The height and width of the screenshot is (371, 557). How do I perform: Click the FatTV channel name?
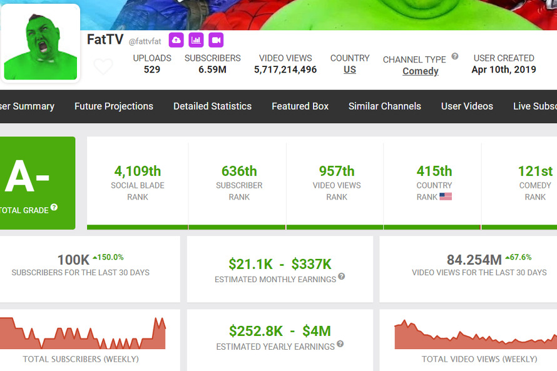[105, 39]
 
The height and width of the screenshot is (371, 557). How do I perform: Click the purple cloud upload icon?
[176, 40]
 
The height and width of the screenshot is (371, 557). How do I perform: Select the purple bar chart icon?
[196, 40]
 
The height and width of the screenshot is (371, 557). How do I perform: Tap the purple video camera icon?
[216, 40]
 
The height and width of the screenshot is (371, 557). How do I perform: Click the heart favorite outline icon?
[103, 66]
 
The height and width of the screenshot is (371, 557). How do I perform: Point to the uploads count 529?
[151, 69]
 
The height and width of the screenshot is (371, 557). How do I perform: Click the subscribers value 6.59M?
[212, 69]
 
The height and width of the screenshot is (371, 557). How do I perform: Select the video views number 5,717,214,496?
[285, 69]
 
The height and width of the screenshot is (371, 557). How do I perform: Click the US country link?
[350, 69]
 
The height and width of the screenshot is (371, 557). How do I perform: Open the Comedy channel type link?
[420, 71]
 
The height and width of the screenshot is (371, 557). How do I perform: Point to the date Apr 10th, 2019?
[504, 69]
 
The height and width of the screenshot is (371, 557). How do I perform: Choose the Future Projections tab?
[114, 106]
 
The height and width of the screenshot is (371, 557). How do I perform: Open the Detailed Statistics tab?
[212, 106]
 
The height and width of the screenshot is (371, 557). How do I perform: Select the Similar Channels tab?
[385, 106]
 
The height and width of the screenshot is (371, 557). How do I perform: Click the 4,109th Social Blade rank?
[138, 171]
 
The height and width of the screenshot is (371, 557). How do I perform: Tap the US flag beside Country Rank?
[446, 196]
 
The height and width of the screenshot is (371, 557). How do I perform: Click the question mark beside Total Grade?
[54, 207]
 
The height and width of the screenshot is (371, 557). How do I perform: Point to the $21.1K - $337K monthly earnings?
[280, 264]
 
